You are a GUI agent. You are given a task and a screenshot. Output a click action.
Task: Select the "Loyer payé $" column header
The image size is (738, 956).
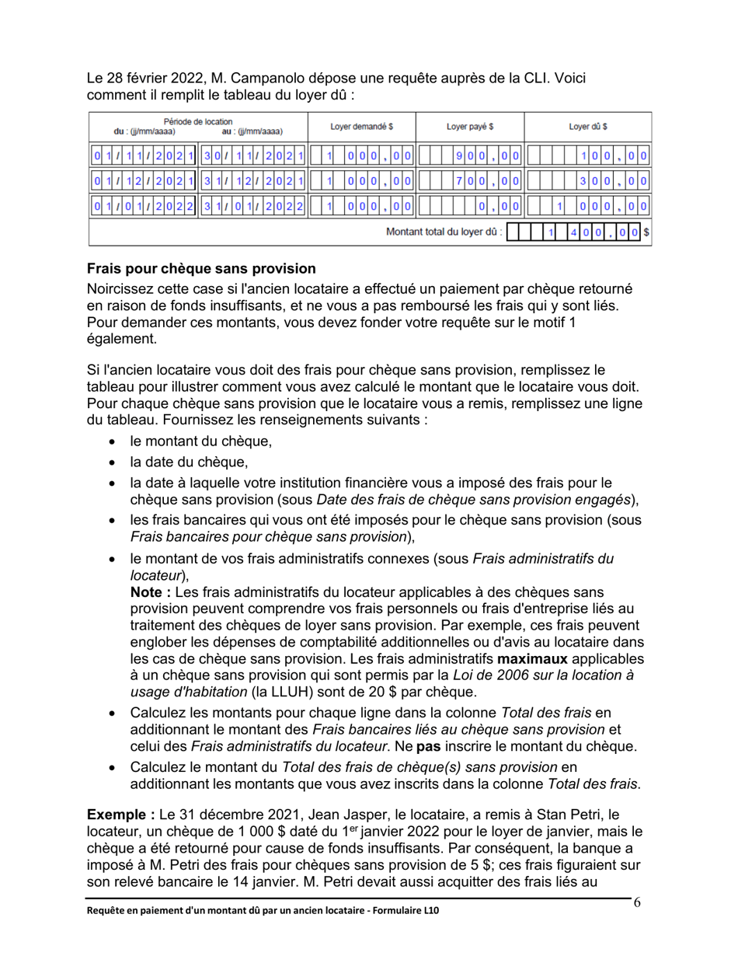(470, 127)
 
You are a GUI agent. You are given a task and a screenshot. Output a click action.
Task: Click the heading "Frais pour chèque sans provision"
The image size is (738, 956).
(201, 269)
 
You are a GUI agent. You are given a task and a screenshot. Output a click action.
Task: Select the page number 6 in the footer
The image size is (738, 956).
(637, 902)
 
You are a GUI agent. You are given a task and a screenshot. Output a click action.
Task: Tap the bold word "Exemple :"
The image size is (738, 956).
(120, 816)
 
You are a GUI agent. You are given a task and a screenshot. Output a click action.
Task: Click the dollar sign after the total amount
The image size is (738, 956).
(646, 232)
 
